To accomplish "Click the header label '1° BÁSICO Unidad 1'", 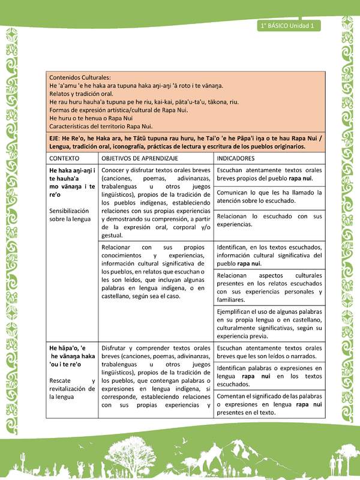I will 289,25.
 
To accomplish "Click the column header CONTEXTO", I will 65,158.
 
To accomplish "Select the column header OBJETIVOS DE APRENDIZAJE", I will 139,158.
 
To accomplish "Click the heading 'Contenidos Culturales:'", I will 80,78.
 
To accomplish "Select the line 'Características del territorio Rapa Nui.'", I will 101,126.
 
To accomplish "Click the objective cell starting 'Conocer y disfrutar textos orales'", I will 156,203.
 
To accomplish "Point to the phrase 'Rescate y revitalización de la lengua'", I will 72,388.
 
